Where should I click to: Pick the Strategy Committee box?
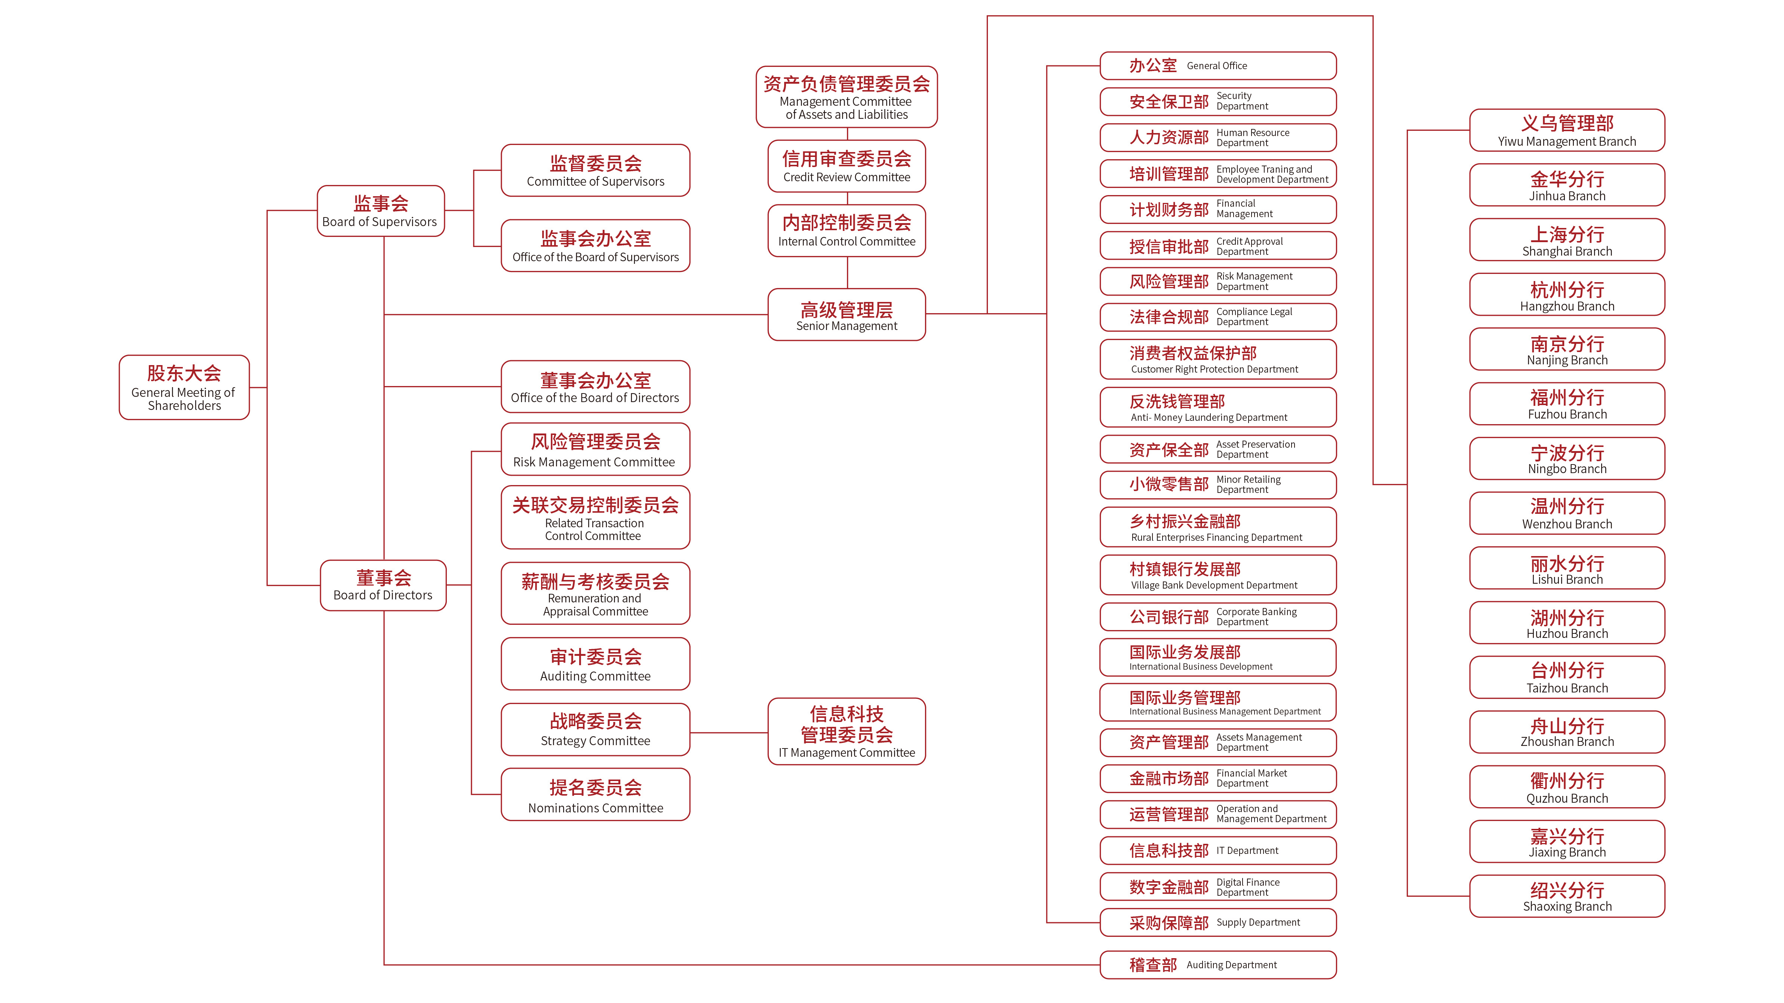pos(595,729)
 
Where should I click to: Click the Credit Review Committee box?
pos(846,166)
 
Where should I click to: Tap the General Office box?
pos(1218,66)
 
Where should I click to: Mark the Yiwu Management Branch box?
pos(1566,130)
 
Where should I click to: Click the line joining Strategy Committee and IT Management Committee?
pos(728,732)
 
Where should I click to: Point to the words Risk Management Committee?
pos(593,462)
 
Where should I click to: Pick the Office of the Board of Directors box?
pos(595,386)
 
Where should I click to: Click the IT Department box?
pos(1218,850)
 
